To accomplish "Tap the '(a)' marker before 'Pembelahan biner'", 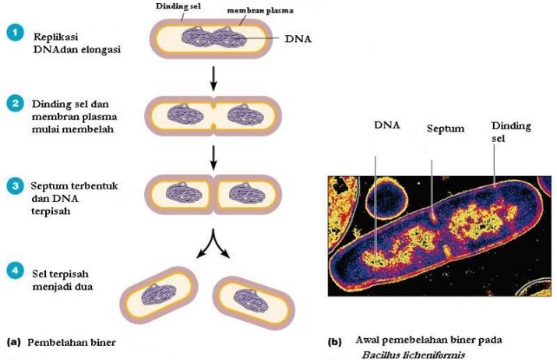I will tap(12, 341).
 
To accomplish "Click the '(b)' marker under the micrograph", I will tap(334, 341).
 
